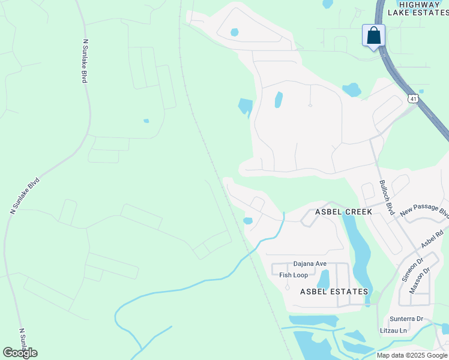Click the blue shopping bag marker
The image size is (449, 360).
pyautogui.click(x=373, y=35)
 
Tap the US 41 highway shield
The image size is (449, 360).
pyautogui.click(x=412, y=98)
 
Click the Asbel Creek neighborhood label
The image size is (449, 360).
pyautogui.click(x=344, y=212)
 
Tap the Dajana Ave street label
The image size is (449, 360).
pyautogui.click(x=310, y=263)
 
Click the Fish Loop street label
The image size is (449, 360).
pyautogui.click(x=294, y=275)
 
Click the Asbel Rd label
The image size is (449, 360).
pyautogui.click(x=432, y=240)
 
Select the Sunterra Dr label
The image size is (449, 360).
pyautogui.click(x=406, y=318)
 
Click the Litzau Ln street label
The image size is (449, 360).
pyautogui.click(x=394, y=331)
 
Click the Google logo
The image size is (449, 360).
pyautogui.click(x=20, y=353)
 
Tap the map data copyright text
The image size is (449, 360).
pyautogui.click(x=412, y=355)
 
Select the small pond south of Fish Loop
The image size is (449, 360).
pyautogui.click(x=324, y=278)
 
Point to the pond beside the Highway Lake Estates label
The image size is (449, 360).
pyautogui.click(x=327, y=4)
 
